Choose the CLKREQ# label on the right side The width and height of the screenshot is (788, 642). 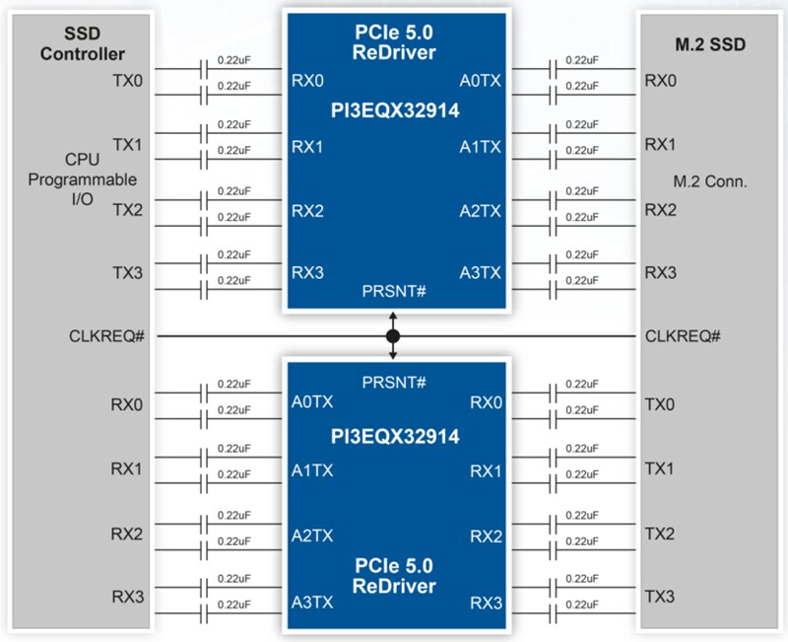(x=683, y=336)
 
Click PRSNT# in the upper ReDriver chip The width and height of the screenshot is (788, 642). (x=394, y=292)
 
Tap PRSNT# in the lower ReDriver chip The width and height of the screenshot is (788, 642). (x=394, y=381)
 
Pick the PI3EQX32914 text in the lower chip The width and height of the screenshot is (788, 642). (x=394, y=436)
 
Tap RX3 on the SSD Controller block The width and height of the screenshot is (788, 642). (x=127, y=598)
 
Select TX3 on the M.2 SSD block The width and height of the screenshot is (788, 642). (x=660, y=598)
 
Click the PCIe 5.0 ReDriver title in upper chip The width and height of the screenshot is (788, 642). (x=394, y=40)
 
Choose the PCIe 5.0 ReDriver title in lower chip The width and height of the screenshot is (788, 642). (x=394, y=576)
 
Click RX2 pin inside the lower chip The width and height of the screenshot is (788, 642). (x=486, y=536)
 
